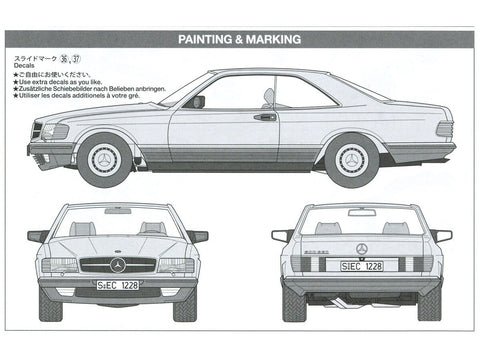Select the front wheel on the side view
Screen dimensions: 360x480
click(104, 159)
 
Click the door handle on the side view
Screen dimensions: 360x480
click(265, 117)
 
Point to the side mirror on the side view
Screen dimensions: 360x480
click(197, 101)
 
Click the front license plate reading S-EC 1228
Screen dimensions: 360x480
click(118, 285)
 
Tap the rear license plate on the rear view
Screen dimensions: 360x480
click(362, 267)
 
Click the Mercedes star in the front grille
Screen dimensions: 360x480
click(118, 265)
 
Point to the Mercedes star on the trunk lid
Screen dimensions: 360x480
click(362, 247)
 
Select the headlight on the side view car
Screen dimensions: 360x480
click(55, 132)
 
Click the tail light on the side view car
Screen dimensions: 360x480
click(444, 129)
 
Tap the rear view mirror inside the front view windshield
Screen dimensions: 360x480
click(117, 211)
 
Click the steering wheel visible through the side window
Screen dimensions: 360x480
click(268, 98)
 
